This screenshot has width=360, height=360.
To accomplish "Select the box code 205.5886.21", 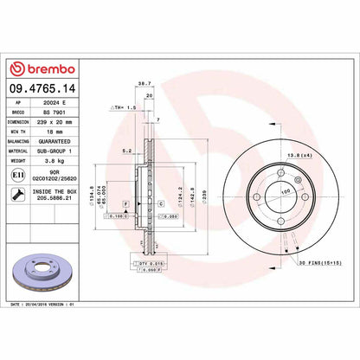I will click(57, 200).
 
